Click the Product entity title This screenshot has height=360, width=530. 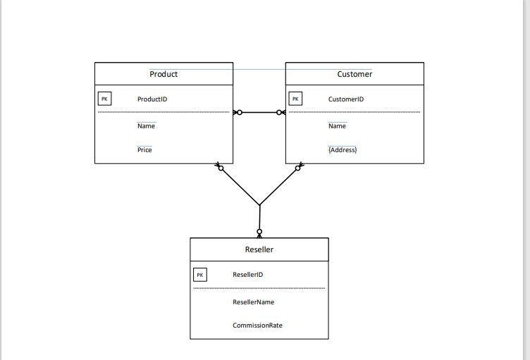(x=164, y=74)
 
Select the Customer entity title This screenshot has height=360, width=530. (x=355, y=74)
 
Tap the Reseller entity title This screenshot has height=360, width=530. (x=259, y=249)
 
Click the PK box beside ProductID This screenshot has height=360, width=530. (x=104, y=99)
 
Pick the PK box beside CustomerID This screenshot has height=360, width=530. (x=295, y=99)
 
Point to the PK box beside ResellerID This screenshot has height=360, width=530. (x=199, y=275)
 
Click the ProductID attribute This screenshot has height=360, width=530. (x=152, y=99)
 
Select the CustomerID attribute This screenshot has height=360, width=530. (x=346, y=99)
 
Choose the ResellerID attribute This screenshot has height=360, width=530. (x=248, y=275)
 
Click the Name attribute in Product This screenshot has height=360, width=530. (x=146, y=126)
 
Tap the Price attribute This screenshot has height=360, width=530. (x=144, y=150)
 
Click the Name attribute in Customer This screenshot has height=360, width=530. (x=337, y=126)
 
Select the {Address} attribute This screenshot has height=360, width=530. (x=343, y=150)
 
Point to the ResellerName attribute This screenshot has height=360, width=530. (x=254, y=302)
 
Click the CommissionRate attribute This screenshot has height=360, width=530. (x=258, y=325)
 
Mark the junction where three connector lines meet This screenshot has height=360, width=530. (x=259, y=205)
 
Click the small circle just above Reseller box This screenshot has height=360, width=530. (x=259, y=231)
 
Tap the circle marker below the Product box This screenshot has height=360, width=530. (x=221, y=168)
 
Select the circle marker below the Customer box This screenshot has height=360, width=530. (x=298, y=168)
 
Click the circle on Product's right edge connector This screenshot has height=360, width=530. (x=239, y=112)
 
